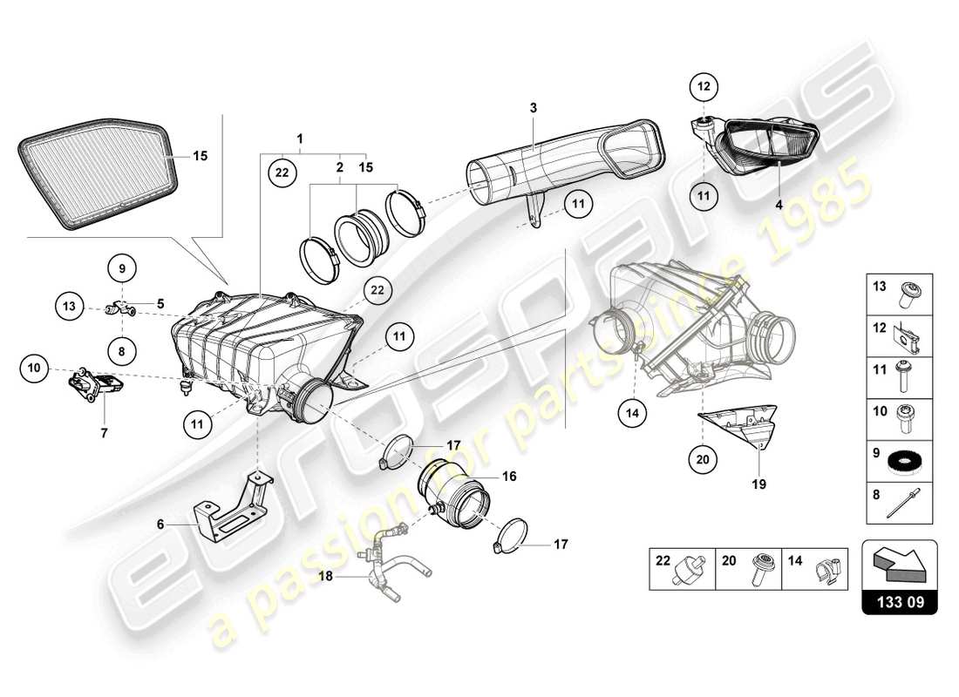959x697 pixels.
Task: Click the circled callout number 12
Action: [704, 86]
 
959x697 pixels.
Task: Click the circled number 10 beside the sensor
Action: [34, 369]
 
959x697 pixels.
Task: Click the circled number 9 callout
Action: [123, 267]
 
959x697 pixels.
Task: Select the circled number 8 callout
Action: [123, 351]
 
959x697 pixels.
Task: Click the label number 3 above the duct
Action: [534, 107]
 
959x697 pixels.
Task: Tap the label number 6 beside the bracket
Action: [160, 524]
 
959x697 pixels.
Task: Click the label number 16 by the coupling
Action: [509, 477]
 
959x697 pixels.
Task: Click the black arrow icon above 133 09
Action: [899, 565]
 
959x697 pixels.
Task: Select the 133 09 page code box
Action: [899, 601]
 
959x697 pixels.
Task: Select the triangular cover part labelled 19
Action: [741, 431]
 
